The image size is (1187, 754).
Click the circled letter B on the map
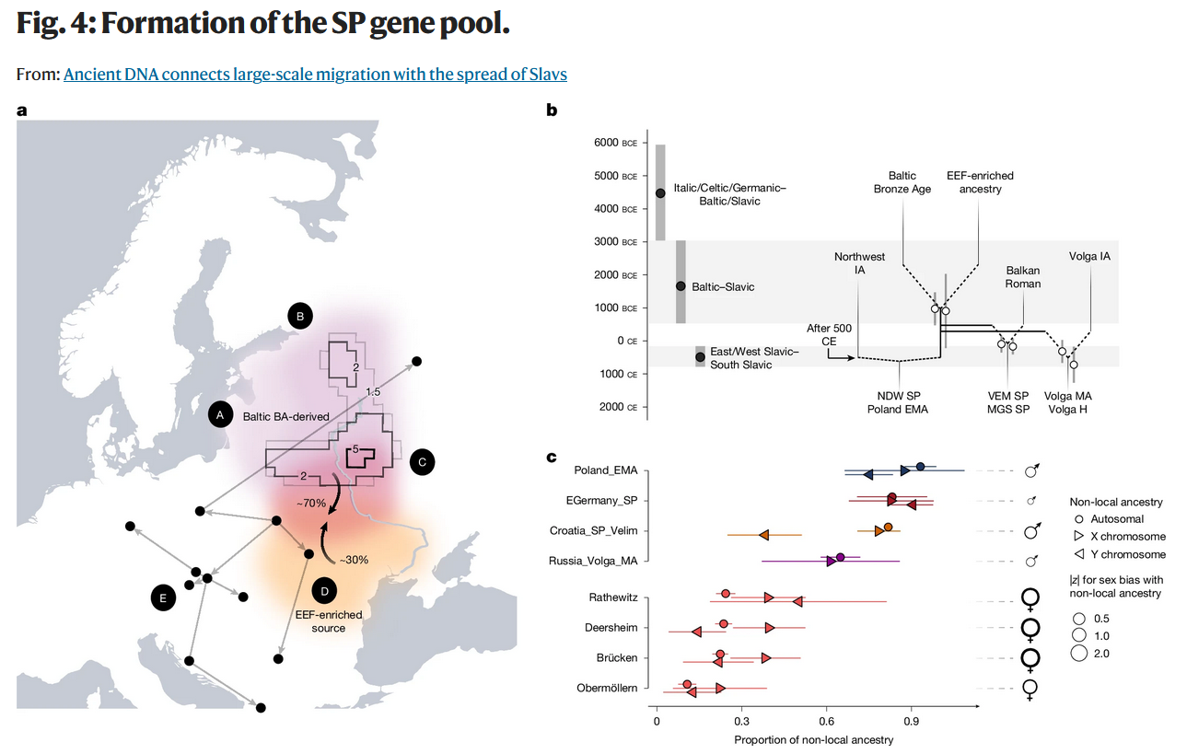coord(299,316)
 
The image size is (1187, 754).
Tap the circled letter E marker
coord(163,597)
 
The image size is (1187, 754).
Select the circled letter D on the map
coord(324,589)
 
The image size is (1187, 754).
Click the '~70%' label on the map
coord(310,504)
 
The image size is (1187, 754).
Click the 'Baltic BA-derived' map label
coord(286,416)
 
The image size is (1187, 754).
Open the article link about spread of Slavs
coord(315,74)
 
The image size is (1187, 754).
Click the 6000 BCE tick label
coord(615,143)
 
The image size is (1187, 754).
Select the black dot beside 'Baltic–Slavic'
coord(681,286)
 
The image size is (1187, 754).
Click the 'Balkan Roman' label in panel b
coord(1022,277)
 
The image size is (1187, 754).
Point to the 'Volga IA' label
coord(1089,256)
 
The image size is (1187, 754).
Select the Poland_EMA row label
coord(605,470)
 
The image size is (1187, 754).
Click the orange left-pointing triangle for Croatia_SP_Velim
coord(763,535)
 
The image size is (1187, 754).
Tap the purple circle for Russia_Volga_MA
coord(840,557)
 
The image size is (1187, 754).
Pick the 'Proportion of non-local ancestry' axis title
coord(814,740)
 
